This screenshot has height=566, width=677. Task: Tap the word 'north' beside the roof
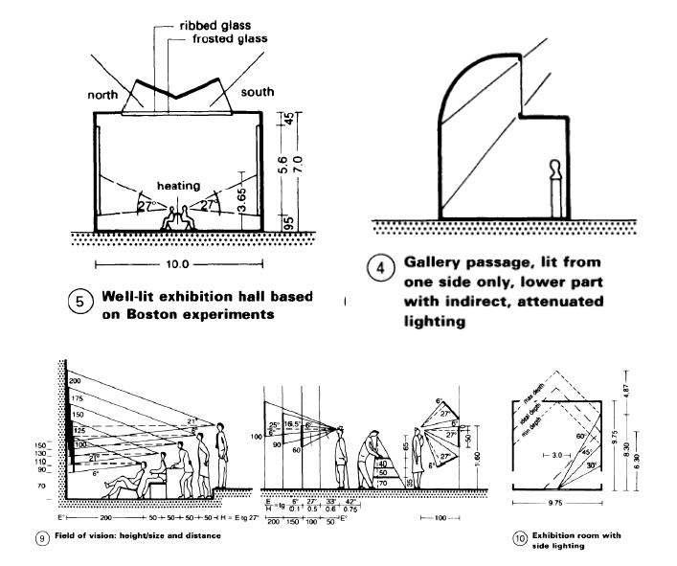coord(103,96)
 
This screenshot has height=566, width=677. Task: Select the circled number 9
coord(42,536)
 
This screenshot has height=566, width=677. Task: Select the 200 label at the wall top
coord(76,382)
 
